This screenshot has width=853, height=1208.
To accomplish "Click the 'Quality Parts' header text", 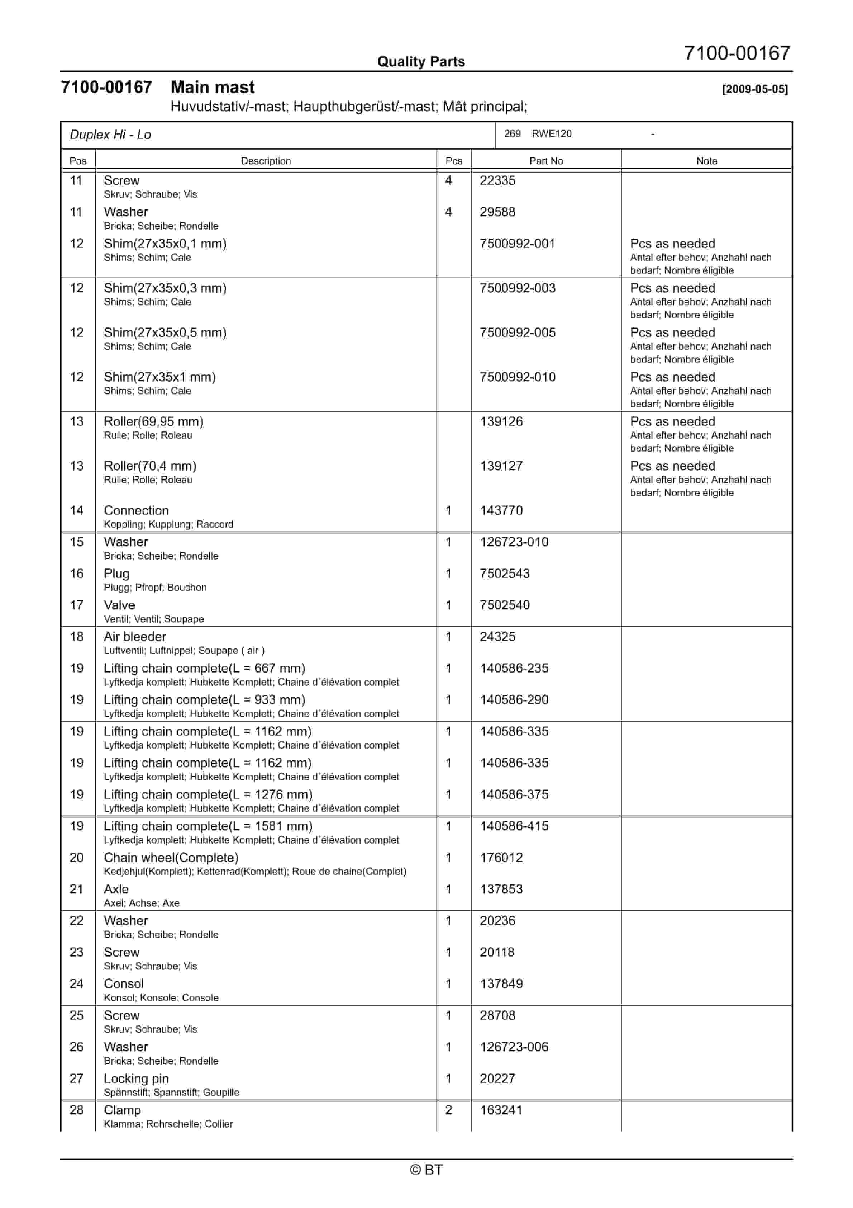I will (x=421, y=62).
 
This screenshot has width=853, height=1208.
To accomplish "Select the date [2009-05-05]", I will (x=755, y=89).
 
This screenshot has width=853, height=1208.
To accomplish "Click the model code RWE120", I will (x=551, y=134).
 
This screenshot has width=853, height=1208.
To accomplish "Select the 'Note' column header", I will (x=706, y=161).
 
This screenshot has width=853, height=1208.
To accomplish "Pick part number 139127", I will (x=501, y=466).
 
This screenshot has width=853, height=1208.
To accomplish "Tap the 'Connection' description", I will (x=136, y=510).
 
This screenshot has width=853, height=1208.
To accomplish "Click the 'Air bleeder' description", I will (x=135, y=637).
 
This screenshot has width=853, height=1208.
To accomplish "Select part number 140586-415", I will (x=514, y=826).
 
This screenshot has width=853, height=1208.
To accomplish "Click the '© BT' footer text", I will (x=426, y=1170).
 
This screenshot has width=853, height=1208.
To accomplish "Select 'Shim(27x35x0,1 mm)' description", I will (x=165, y=244).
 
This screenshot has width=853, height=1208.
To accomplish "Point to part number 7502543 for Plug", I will (x=504, y=574).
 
